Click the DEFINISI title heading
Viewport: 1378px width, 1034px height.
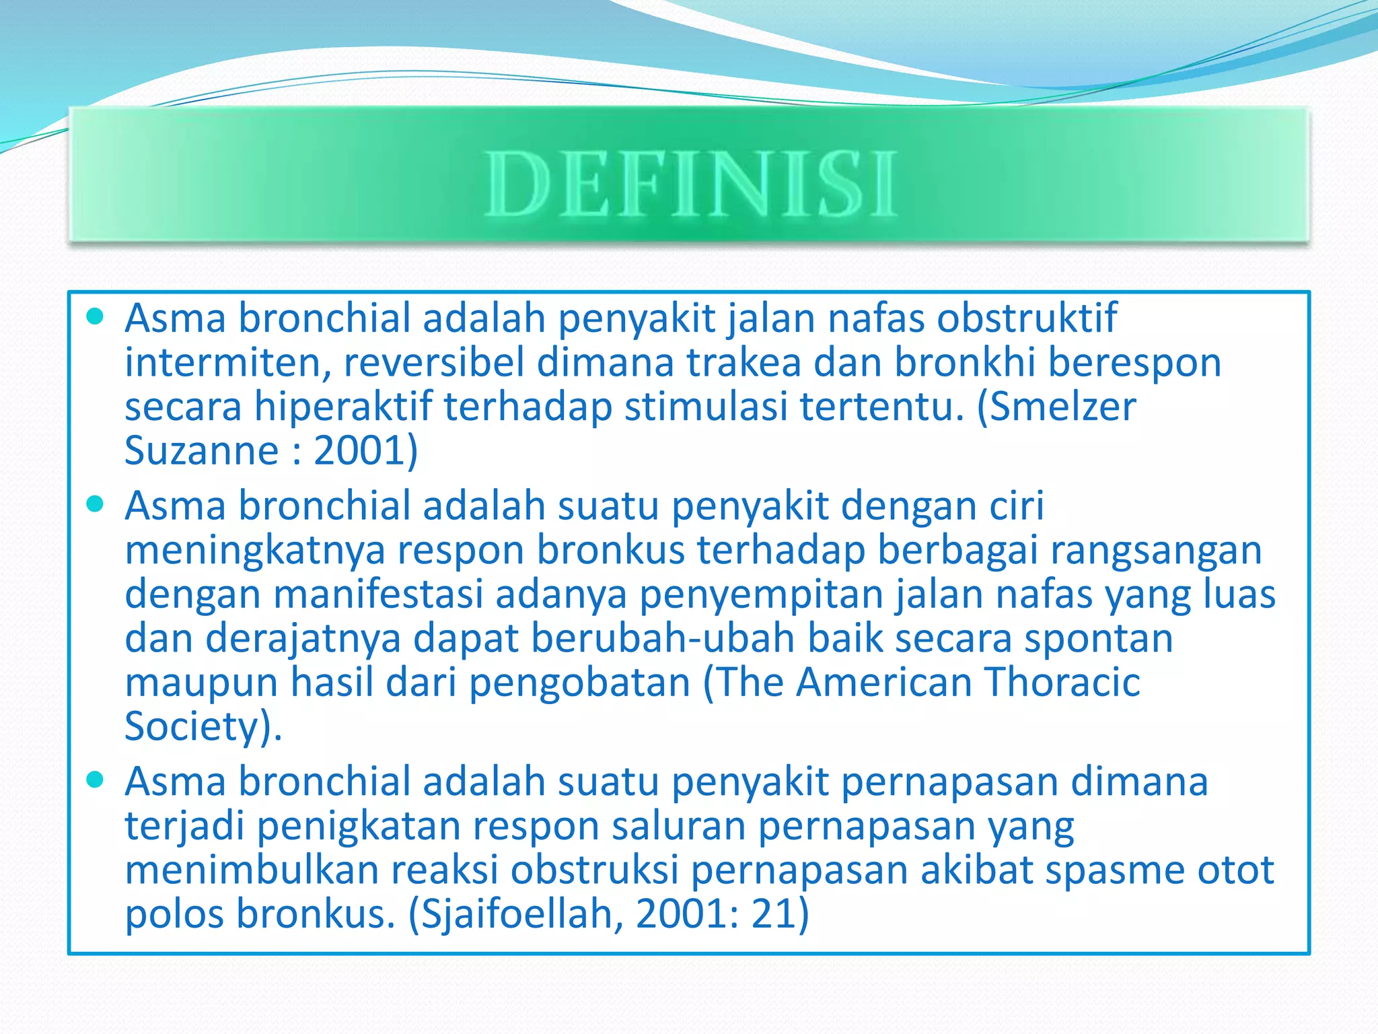coord(690,183)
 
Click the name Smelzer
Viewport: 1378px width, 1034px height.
coord(1063,407)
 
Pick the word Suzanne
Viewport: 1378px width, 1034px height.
coord(201,450)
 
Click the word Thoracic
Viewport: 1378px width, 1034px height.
coord(1062,682)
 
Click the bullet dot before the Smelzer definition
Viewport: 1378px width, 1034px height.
coord(96,316)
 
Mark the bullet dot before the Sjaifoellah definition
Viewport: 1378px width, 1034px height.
coord(96,780)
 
